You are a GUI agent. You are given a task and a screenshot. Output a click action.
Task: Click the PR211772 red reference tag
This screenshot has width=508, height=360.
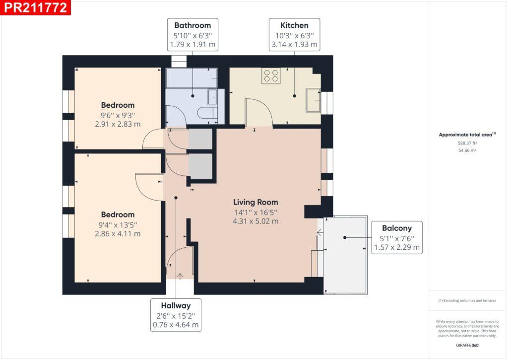[x=35, y=7]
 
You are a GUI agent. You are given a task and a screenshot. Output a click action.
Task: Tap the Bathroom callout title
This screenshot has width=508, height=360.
[x=192, y=25]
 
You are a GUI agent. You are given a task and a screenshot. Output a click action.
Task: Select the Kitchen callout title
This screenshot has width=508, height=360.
[x=294, y=25]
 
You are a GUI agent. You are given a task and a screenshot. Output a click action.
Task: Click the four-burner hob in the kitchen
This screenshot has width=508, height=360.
[x=271, y=76]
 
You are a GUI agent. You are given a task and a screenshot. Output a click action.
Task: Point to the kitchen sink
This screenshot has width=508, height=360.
[x=313, y=100]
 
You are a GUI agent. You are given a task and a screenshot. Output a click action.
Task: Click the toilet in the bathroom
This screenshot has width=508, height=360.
[x=207, y=113]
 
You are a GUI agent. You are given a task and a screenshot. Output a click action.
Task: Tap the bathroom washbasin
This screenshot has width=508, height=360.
[x=212, y=97]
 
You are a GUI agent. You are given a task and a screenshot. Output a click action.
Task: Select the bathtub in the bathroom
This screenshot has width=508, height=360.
[x=191, y=78]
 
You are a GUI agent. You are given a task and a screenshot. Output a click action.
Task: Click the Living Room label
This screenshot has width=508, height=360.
[x=255, y=203]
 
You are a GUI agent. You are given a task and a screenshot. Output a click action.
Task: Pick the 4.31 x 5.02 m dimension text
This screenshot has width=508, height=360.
[x=255, y=221]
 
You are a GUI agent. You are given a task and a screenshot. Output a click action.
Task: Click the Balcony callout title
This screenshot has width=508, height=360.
[x=397, y=228]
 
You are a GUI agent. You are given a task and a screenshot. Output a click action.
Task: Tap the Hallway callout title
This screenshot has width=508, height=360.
[x=176, y=305]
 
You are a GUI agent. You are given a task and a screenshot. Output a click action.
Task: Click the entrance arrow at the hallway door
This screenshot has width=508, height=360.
[x=180, y=276]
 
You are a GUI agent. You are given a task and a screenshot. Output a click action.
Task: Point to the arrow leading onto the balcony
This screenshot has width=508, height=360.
[x=320, y=232]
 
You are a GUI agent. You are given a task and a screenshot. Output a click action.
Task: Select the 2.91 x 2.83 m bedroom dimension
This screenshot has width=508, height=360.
[x=118, y=124]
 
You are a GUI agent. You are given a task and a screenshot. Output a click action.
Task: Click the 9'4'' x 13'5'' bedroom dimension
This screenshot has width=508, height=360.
[x=118, y=225]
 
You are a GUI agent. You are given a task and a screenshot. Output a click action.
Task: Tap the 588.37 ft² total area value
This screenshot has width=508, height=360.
[x=467, y=143]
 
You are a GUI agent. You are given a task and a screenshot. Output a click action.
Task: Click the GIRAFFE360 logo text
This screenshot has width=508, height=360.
[x=467, y=345]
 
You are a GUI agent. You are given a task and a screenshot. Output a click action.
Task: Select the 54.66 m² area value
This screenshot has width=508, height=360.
[x=467, y=150]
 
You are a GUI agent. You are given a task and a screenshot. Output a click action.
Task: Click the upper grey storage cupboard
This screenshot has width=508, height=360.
[x=200, y=139]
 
